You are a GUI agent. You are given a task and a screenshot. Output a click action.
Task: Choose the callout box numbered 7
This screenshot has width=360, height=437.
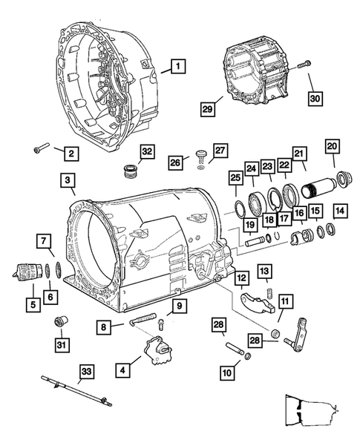coord(45,240)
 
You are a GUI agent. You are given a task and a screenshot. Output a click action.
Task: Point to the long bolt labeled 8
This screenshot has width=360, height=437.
coord(141,322)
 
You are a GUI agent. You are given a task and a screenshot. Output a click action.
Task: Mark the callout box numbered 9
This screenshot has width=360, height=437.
coord(179,305)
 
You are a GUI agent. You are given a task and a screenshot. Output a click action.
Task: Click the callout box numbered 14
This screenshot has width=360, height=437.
coord(340,210)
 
